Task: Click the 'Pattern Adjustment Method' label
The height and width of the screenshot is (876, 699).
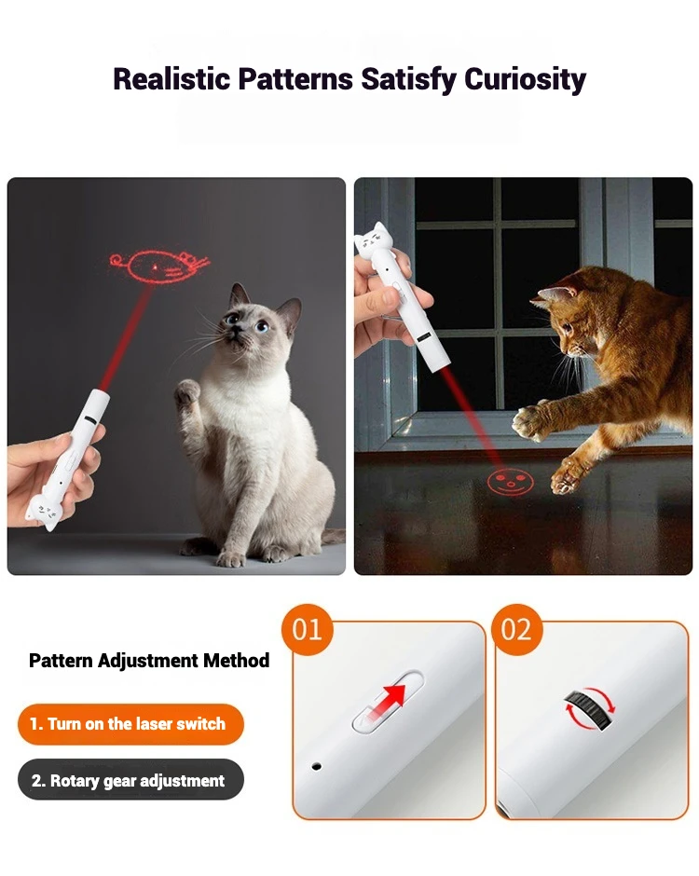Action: click(149, 661)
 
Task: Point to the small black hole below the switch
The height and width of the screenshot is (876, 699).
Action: click(316, 766)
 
